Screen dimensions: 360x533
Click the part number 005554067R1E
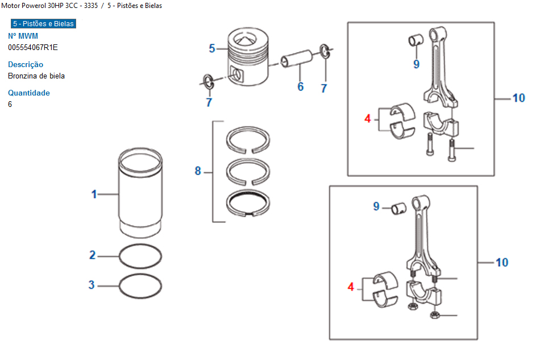coord(33,47)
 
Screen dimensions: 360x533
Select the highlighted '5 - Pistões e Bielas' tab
coord(43,24)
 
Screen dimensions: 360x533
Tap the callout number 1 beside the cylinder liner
coord(94,195)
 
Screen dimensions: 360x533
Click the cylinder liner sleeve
coord(140,193)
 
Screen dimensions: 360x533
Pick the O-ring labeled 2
coord(140,256)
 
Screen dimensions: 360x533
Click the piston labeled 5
coord(248,57)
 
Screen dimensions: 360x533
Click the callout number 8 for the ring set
coord(198,171)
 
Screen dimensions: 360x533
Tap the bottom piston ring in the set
coord(248,203)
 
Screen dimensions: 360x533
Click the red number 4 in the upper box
coord(368,119)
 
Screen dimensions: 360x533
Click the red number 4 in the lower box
coord(351,287)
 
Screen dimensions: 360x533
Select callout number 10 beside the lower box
coord(502,262)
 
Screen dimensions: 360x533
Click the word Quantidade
coord(29,93)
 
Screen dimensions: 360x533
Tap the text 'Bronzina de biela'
coord(36,76)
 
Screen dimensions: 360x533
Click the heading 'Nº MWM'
coord(23,36)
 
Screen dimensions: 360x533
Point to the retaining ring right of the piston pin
coord(325,51)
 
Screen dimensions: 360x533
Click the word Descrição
coord(26,64)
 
